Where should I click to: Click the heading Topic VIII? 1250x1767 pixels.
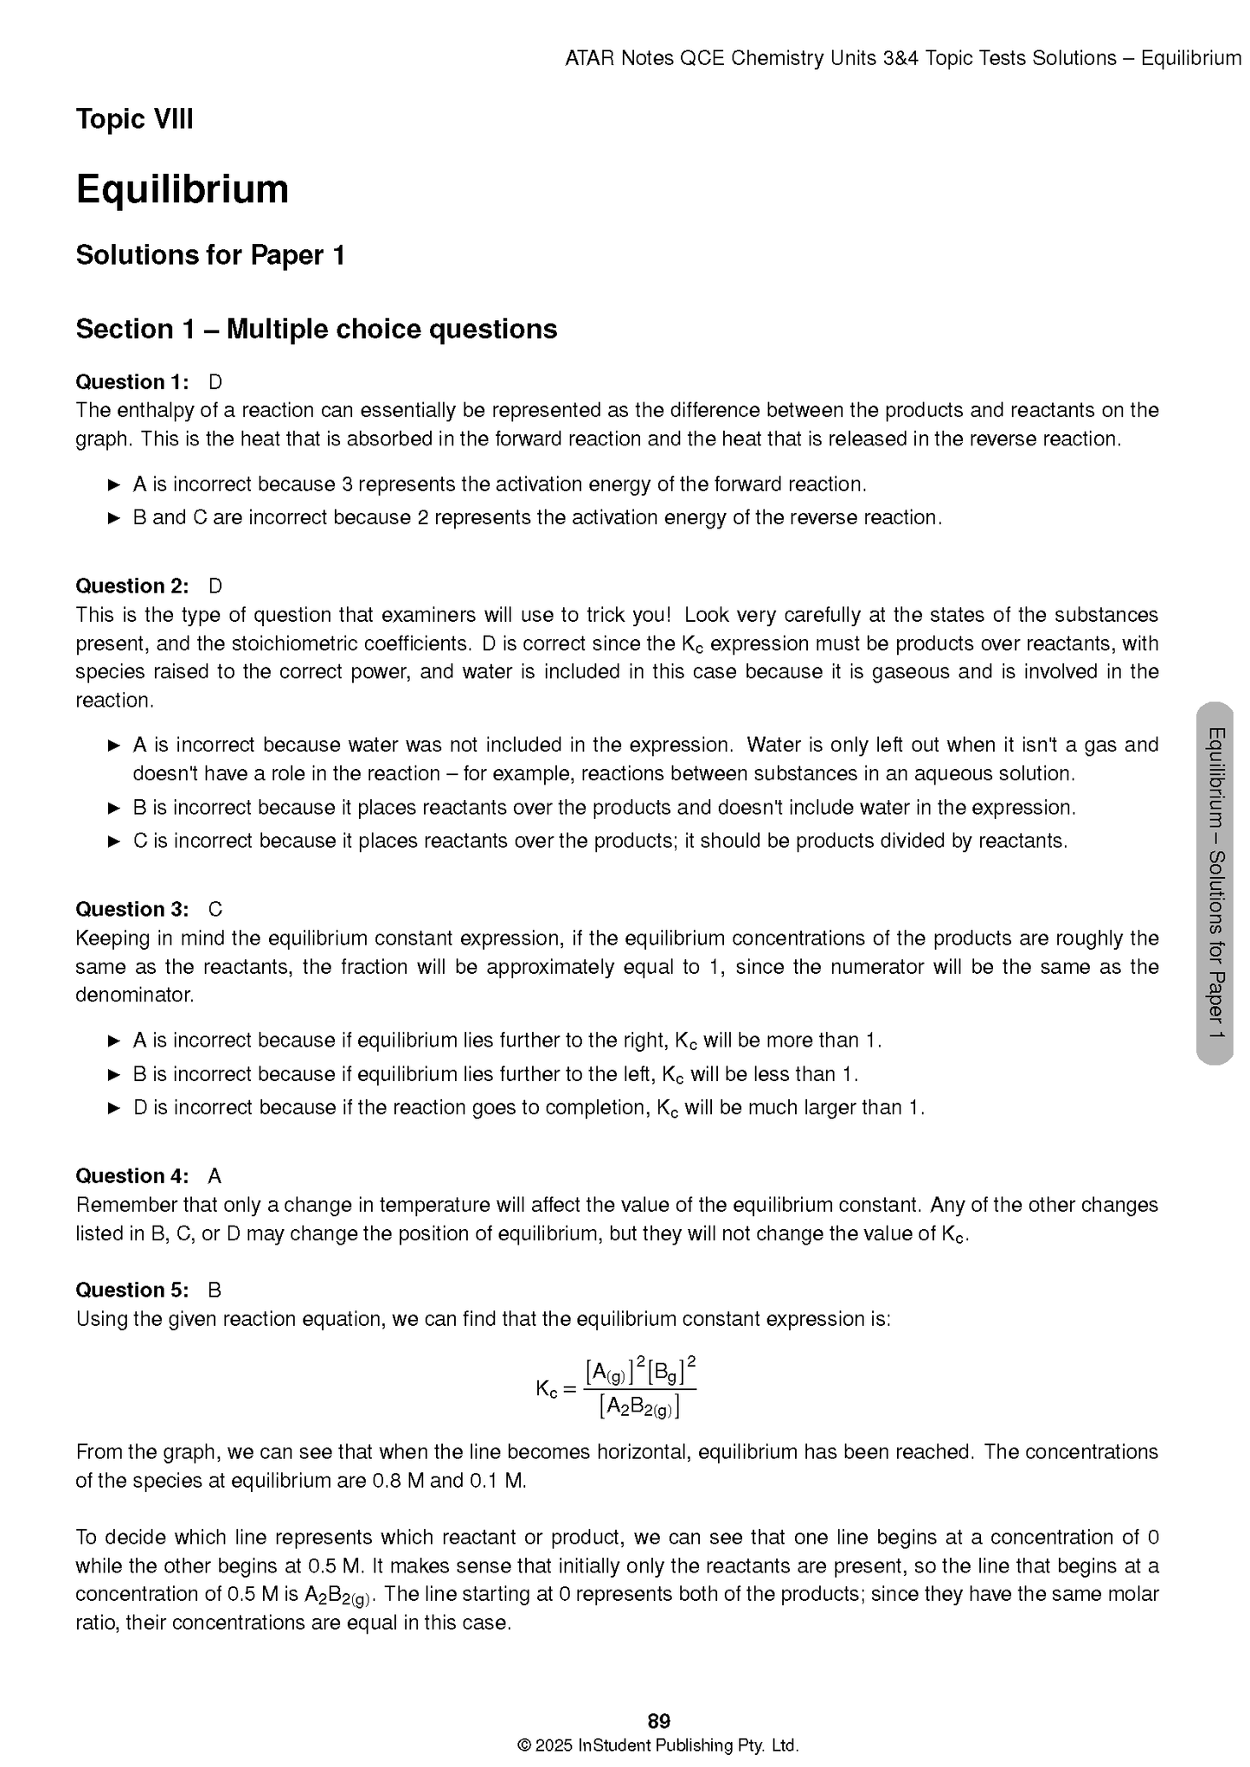click(134, 119)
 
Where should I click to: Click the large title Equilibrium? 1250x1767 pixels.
click(182, 189)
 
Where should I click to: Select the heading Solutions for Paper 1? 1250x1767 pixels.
click(210, 255)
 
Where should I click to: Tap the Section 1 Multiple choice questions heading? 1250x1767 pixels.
click(316, 330)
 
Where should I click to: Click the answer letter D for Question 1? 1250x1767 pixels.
click(215, 382)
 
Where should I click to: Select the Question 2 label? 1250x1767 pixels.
click(131, 586)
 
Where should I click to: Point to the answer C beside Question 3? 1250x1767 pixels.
click(215, 910)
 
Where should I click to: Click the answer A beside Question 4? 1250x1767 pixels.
click(215, 1176)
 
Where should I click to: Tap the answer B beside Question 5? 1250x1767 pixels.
click(215, 1290)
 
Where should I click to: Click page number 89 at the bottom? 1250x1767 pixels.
click(658, 1720)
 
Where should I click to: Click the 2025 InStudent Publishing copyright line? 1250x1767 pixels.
click(657, 1745)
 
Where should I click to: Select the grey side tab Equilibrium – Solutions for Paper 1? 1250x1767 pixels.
click(1215, 883)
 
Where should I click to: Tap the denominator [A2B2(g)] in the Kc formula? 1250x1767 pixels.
click(639, 1407)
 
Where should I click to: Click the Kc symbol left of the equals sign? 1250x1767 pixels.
click(546, 1389)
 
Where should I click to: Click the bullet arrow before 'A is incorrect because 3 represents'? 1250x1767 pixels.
click(114, 485)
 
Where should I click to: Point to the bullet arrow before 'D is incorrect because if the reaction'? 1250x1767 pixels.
click(114, 1108)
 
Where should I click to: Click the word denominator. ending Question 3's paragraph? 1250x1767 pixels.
click(134, 996)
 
